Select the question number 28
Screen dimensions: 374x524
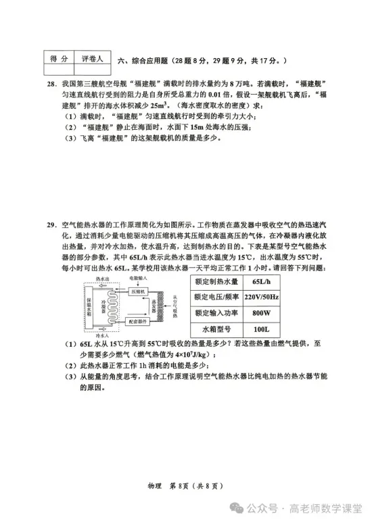[50, 85]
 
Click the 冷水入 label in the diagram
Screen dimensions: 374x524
[102, 335]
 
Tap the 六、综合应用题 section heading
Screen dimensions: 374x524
[142, 60]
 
